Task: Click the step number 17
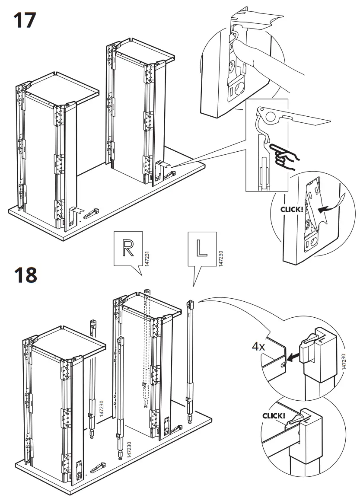24,20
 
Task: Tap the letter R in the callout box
127,248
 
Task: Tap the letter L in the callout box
201,248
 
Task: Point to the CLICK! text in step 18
274,416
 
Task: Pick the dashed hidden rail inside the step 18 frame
146,346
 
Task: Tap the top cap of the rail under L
190,303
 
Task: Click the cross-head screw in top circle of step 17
232,67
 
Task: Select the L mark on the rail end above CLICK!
306,420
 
